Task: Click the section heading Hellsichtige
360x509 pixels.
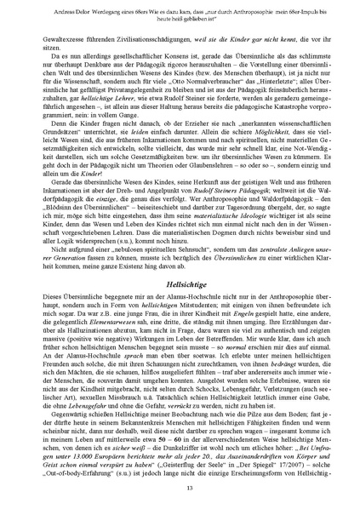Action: (180, 283)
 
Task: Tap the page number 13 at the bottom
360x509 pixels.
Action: (180, 485)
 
